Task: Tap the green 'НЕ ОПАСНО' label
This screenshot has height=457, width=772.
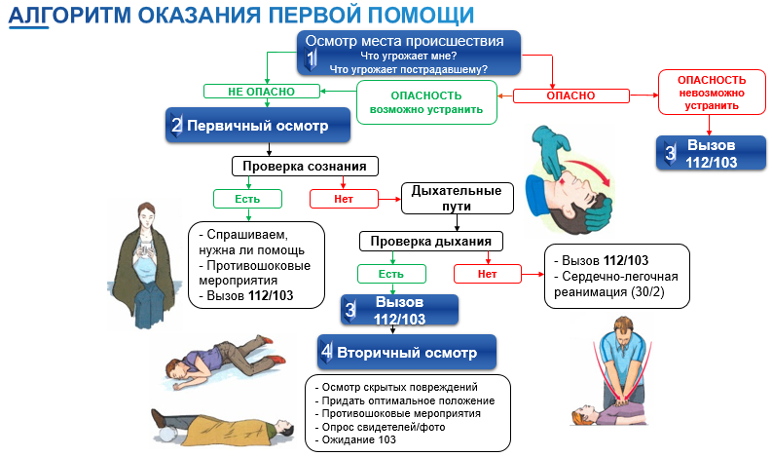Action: coord(261,91)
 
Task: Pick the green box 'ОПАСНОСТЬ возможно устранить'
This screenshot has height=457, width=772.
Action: coord(426,102)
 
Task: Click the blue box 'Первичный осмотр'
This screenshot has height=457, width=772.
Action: coord(256,126)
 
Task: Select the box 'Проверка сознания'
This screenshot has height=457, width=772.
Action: coord(305,166)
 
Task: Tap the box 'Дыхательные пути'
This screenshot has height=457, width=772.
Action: coord(457,198)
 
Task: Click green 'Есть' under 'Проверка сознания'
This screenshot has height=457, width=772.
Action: coord(247,199)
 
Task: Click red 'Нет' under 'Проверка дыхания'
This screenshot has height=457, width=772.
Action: coord(487,274)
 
